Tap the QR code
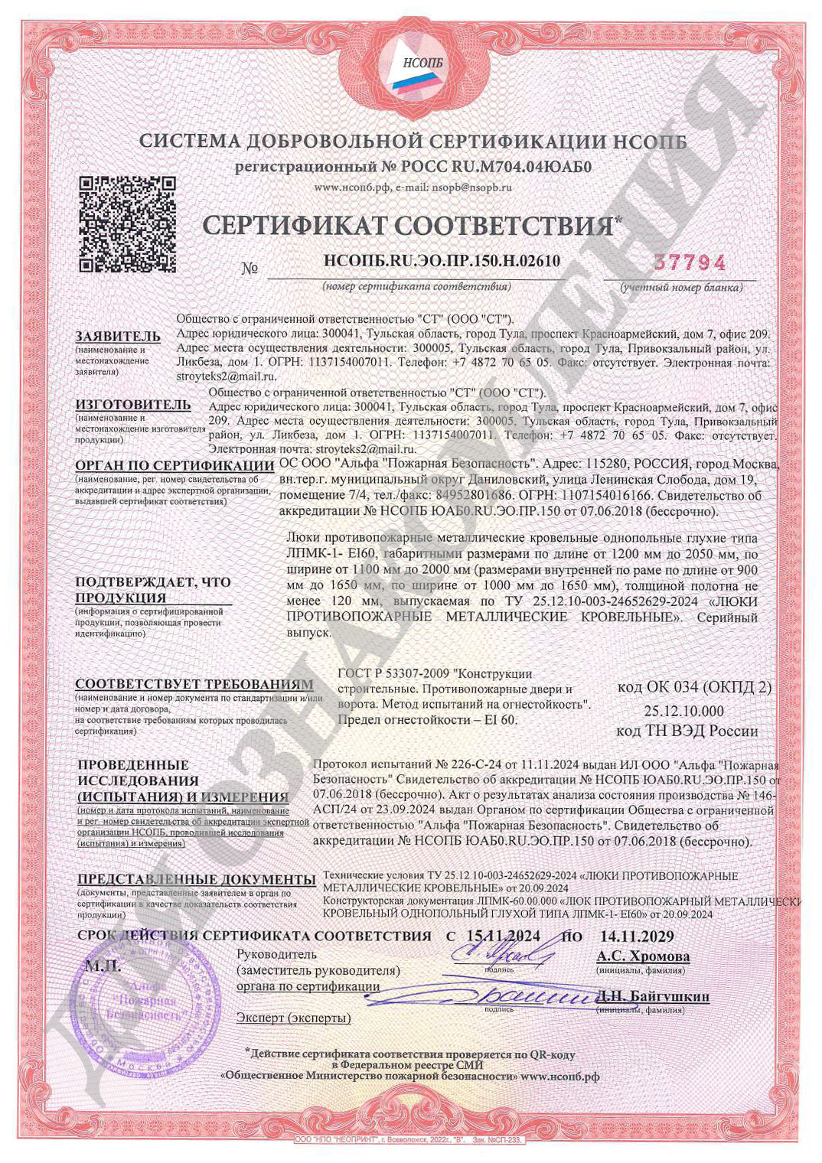[129, 224]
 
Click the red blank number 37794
[689, 262]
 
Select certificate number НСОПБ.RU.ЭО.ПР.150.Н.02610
[442, 261]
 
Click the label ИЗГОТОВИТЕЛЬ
[132, 404]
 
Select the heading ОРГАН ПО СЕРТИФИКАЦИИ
[175, 465]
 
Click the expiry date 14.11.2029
[637, 936]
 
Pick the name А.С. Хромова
[643, 956]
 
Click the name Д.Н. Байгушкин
[654, 996]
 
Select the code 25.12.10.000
[683, 710]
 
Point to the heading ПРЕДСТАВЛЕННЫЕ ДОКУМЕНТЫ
[197, 879]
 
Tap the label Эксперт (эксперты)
[293, 1018]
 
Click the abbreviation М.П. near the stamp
[103, 966]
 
